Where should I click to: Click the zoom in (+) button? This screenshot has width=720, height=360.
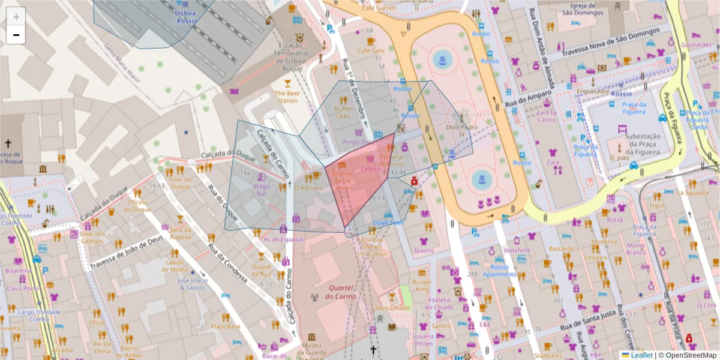click(16, 17)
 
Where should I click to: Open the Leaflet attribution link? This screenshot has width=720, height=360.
click(643, 355)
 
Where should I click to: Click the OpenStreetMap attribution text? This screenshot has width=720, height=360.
click(690, 355)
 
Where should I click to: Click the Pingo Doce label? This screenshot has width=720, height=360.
click(355, 142)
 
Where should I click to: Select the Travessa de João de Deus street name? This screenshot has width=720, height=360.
click(126, 253)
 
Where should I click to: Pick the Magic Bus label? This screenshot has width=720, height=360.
click(261, 190)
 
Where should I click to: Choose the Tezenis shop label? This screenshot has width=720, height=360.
click(423, 250)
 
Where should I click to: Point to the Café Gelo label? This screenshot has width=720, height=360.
click(371, 51)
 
